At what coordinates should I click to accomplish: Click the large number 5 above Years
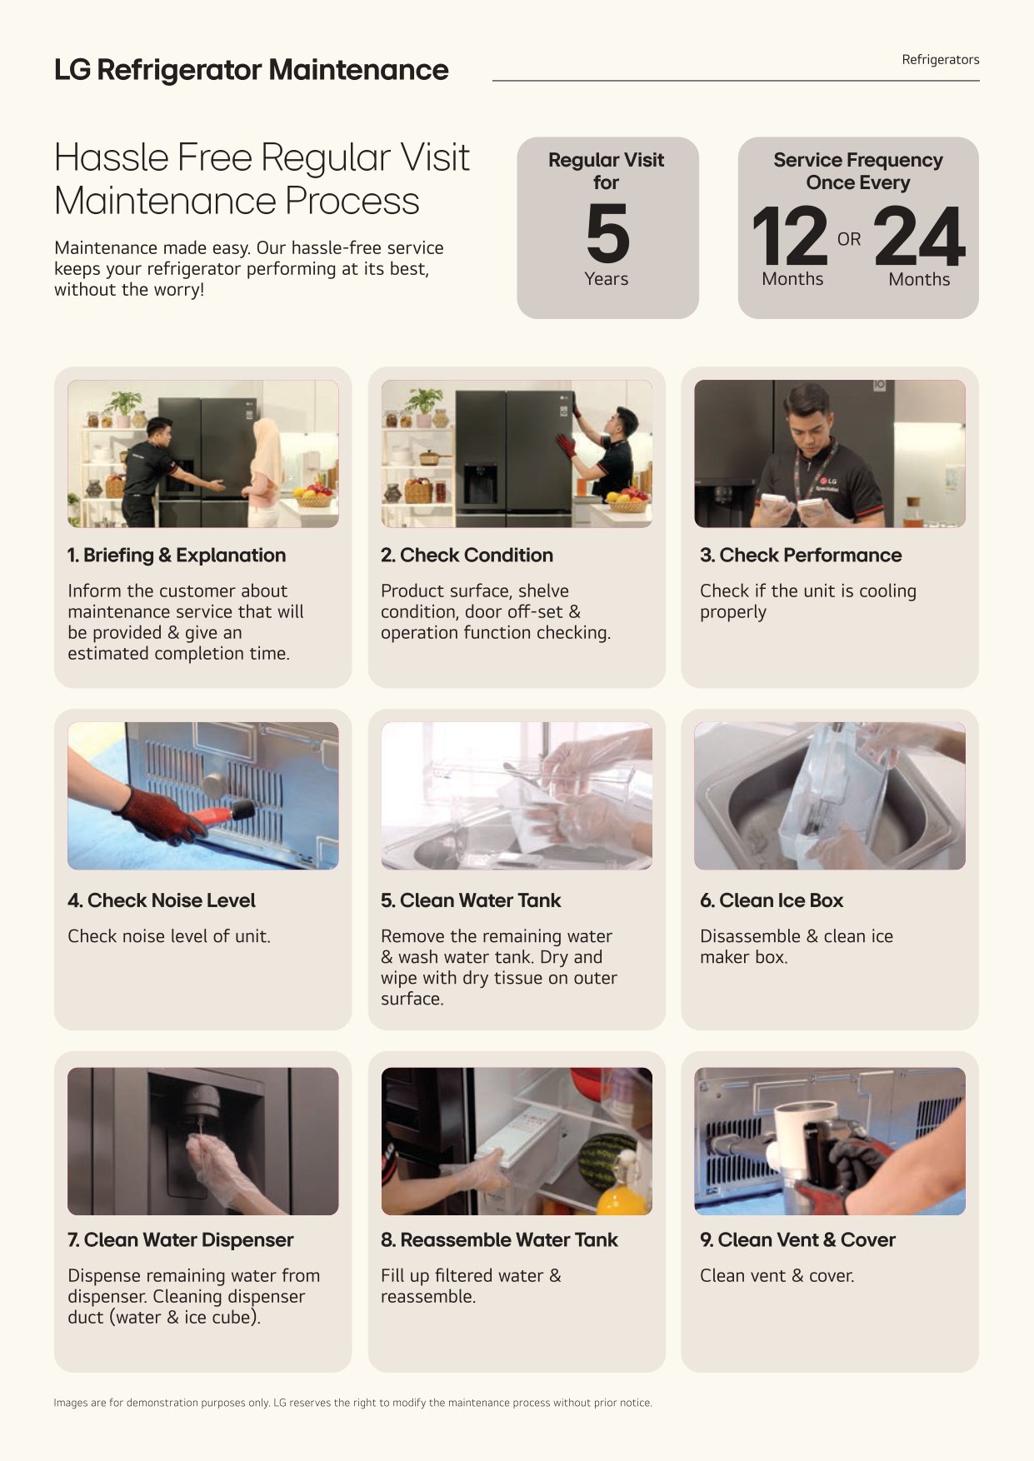[607, 233]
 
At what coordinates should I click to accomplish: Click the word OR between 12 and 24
[849, 239]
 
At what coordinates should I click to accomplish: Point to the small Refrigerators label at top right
[940, 60]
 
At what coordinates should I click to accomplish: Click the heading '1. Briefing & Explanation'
[177, 555]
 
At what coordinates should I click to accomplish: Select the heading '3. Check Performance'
[801, 555]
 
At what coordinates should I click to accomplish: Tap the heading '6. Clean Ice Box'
[772, 900]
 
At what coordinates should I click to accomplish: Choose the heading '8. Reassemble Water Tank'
[499, 1239]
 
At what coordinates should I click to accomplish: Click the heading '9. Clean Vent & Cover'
[797, 1239]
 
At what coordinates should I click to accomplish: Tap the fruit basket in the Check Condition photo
[628, 501]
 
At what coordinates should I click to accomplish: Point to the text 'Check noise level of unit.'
[169, 936]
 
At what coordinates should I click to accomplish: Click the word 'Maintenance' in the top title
[358, 70]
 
